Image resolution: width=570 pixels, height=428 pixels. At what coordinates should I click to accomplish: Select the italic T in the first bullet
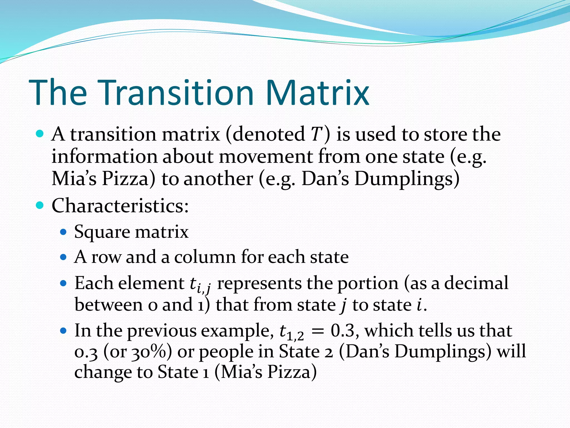click(316, 134)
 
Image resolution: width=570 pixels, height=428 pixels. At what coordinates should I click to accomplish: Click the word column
click(205, 257)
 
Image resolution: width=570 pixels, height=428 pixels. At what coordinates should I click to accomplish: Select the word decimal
click(476, 283)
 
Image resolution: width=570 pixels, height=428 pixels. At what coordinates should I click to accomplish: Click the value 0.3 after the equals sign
click(343, 331)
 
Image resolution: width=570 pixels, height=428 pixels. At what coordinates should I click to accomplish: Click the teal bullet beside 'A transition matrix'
click(40, 134)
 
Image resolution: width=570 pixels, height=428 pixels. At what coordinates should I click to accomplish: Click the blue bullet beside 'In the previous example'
click(63, 331)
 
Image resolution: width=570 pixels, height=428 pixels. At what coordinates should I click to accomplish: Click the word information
click(104, 156)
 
